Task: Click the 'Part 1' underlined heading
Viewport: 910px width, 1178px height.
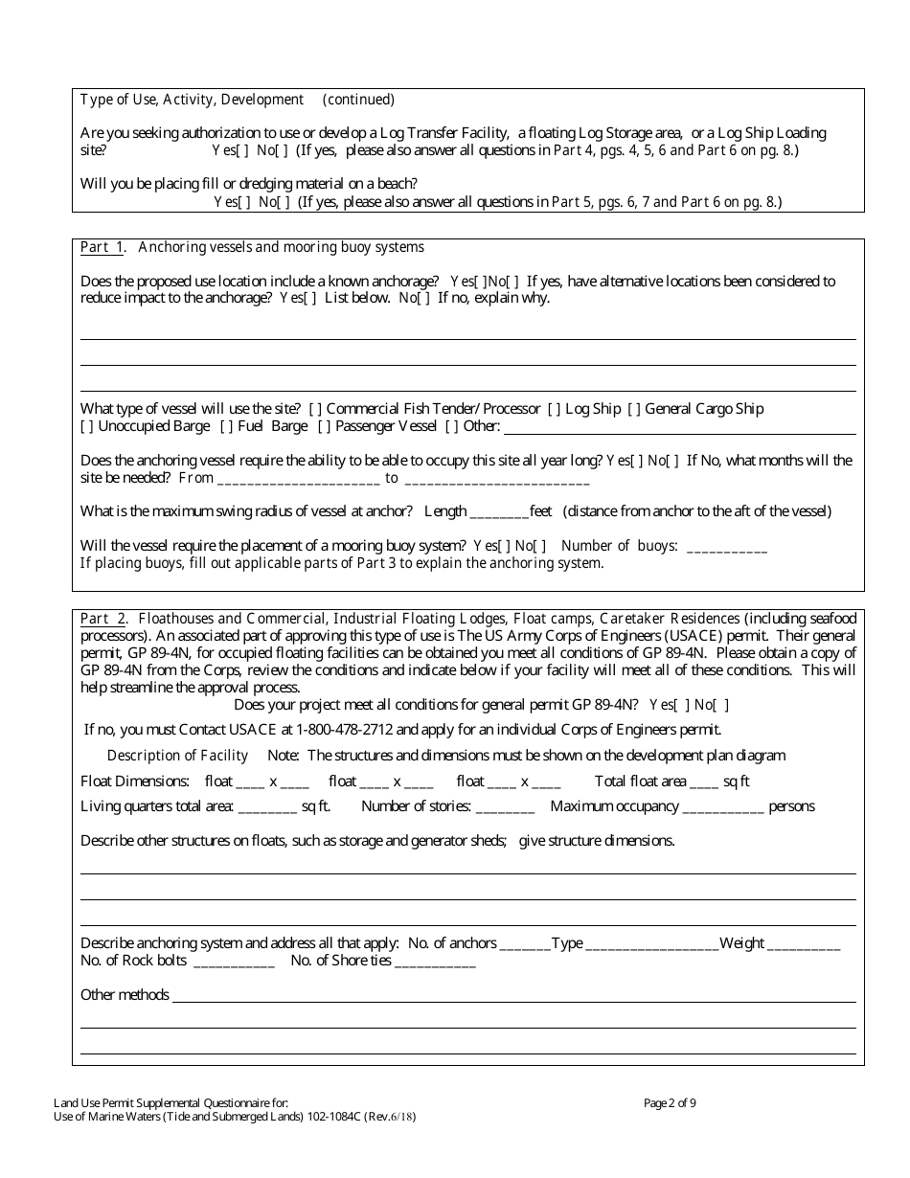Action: (102, 248)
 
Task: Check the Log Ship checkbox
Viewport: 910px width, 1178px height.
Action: (555, 409)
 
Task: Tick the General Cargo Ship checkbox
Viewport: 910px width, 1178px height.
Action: (634, 409)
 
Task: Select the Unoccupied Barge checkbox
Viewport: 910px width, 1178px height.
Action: (87, 426)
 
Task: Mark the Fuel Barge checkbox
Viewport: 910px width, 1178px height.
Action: (227, 426)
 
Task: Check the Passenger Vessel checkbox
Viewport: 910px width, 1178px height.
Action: (325, 426)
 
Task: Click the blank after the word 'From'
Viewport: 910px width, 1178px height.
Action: (299, 479)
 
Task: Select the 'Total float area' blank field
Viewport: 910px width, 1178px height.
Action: (703, 782)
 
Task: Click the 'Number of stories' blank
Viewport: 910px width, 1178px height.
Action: (505, 807)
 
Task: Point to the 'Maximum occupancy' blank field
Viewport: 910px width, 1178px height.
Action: (722, 807)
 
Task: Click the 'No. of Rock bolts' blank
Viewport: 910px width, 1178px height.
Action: (234, 962)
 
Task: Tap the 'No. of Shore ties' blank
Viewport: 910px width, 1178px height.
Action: (435, 962)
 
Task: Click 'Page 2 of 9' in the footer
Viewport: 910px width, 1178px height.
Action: (670, 1103)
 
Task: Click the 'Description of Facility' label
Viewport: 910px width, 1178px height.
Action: (177, 756)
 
